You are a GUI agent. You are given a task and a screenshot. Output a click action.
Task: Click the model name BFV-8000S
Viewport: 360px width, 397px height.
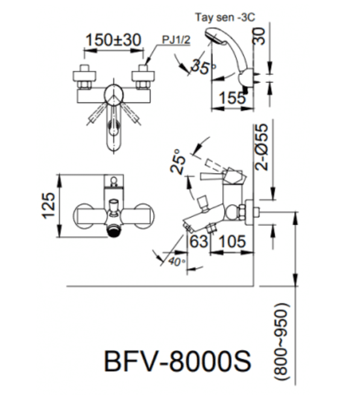pyautogui.click(x=178, y=361)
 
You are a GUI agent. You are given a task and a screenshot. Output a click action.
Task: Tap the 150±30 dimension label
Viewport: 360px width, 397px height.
pyautogui.click(x=113, y=40)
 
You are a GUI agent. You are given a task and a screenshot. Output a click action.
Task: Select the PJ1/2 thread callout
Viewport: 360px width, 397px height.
pyautogui.click(x=176, y=40)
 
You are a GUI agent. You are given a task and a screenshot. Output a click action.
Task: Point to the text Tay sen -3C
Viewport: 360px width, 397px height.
pyautogui.click(x=225, y=17)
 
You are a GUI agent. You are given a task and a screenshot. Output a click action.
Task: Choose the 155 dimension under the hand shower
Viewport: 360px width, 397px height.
pyautogui.click(x=232, y=98)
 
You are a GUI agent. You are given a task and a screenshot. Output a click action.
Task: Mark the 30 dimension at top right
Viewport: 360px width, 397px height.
pyautogui.click(x=259, y=36)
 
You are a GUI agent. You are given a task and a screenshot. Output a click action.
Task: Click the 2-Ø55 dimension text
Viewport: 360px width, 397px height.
pyautogui.click(x=261, y=147)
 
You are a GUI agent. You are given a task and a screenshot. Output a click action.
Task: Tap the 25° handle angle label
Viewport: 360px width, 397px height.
pyautogui.click(x=178, y=161)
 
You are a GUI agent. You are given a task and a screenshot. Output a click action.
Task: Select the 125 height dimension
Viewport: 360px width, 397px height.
pyautogui.click(x=48, y=205)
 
